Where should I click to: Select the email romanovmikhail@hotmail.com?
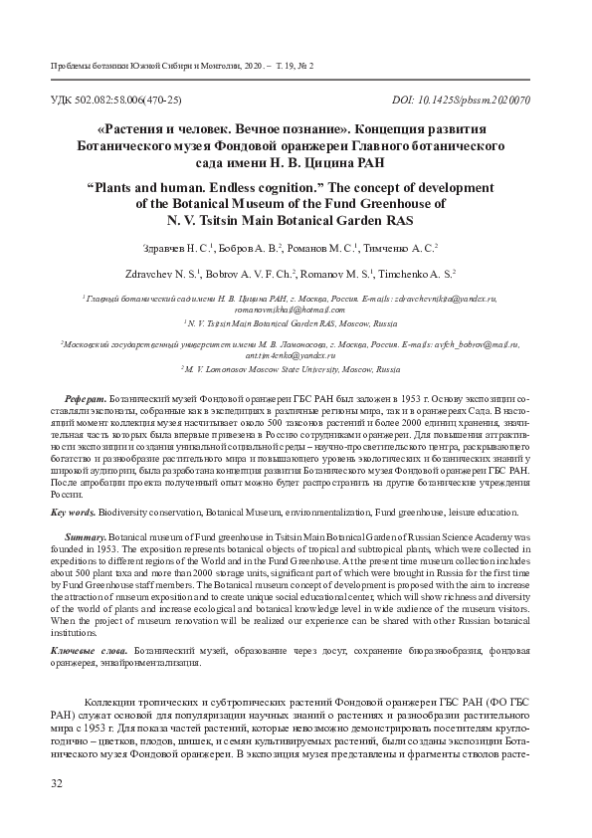tap(296, 311)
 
